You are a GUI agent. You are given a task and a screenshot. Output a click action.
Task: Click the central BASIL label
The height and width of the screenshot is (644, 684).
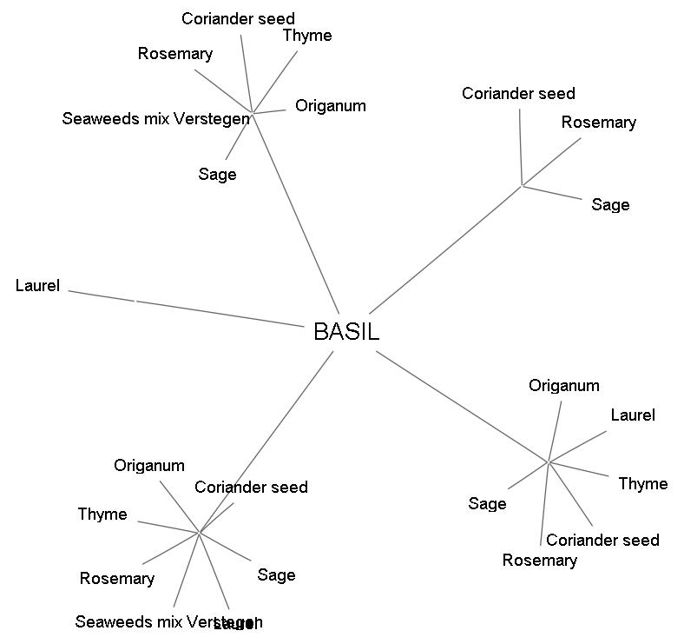(x=346, y=331)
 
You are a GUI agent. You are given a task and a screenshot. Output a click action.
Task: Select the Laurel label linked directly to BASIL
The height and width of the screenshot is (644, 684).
(x=37, y=285)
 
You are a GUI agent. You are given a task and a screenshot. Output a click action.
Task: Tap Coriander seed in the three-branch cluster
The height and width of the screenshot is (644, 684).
(x=518, y=94)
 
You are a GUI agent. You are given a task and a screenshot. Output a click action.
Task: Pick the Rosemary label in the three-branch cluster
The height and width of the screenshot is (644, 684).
(x=598, y=123)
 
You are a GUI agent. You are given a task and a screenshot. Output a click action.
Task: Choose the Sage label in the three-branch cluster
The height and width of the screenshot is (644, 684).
(x=610, y=205)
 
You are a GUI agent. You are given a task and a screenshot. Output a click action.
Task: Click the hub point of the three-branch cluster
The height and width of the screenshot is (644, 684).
(x=522, y=185)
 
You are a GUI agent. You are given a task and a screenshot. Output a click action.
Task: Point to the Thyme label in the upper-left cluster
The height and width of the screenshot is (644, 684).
(x=307, y=36)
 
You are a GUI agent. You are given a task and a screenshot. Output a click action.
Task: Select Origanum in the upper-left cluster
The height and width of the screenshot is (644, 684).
(x=330, y=106)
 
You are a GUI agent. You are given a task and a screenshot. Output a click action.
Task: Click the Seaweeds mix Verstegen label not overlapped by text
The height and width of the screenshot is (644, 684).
(x=155, y=119)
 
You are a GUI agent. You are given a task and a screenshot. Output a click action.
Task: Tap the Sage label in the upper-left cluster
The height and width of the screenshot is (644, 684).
(x=217, y=175)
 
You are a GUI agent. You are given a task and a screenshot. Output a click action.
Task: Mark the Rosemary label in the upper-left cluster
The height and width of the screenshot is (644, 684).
(x=174, y=54)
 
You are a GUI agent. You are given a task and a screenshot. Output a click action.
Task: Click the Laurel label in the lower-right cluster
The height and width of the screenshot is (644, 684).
(x=632, y=415)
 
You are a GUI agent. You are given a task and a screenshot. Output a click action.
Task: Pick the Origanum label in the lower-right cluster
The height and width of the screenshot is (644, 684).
(x=564, y=386)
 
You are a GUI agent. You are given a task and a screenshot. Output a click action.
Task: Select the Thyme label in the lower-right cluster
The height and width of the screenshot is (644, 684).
(x=642, y=484)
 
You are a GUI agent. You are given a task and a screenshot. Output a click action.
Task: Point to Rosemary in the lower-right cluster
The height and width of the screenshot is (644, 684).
(x=539, y=561)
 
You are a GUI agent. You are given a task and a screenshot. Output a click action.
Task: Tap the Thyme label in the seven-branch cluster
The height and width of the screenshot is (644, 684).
(x=102, y=515)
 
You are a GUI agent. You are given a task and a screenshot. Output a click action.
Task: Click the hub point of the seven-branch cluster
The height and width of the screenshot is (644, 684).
(x=200, y=532)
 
